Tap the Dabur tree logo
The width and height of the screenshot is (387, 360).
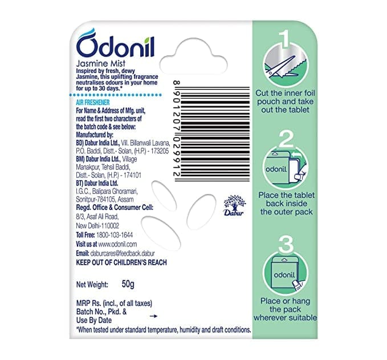point(234,205)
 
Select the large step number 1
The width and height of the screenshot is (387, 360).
point(285,39)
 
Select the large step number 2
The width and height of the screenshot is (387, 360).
point(286,139)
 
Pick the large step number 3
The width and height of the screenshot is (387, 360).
point(286,244)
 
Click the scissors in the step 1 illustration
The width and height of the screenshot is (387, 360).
point(281,66)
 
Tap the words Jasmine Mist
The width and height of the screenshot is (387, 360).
point(101,63)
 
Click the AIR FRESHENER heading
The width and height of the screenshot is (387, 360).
point(92,102)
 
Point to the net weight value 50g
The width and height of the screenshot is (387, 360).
point(128,284)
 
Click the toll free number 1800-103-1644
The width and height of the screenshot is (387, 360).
point(115,234)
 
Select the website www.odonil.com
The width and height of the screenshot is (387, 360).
point(117,244)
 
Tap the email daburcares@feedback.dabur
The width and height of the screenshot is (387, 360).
point(123,253)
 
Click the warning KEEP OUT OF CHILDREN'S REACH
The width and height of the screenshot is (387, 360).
point(121,262)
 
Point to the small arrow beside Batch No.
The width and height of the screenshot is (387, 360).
point(153,316)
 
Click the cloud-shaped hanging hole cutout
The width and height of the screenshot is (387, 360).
point(194,56)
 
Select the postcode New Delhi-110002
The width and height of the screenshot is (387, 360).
point(97,225)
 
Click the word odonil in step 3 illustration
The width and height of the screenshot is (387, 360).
point(284,275)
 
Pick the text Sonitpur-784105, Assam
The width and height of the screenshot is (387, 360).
point(105,199)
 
